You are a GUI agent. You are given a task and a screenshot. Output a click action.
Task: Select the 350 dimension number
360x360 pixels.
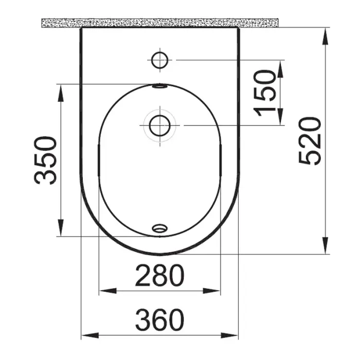coord(45,160)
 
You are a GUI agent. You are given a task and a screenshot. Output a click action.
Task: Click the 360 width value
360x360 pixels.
coord(159,321)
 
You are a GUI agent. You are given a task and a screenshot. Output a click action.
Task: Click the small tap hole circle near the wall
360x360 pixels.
coord(160,61)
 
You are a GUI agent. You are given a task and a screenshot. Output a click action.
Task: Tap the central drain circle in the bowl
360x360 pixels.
coord(160,125)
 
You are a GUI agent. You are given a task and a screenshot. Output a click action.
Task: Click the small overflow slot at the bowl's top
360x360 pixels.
coord(160,86)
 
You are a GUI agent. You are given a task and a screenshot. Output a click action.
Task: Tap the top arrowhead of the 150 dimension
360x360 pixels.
coord(281,66)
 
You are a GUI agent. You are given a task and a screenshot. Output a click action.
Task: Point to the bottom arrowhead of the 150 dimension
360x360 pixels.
coord(281,119)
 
